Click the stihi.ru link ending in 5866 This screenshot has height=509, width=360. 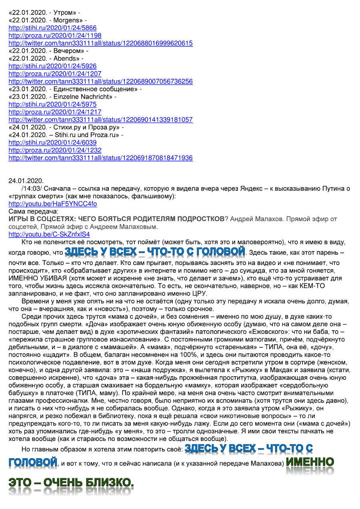tap(52, 28)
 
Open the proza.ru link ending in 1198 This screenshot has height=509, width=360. tap(55, 36)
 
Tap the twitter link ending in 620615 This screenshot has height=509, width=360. tap(100, 43)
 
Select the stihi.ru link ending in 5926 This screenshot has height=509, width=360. tap(52, 66)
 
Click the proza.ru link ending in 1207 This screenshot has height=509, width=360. tap(55, 74)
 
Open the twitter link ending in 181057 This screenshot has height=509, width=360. tap(100, 120)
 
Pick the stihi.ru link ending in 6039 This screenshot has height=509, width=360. tap(52, 142)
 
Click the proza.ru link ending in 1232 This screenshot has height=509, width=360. tap(55, 150)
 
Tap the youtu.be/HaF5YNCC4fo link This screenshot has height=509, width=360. tap(52, 204)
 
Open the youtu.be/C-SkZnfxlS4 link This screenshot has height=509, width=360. tap(49, 234)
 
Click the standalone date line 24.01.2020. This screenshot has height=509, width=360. tap(26, 181)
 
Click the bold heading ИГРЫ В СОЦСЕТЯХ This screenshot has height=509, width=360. tap(116, 219)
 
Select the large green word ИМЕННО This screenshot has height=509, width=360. tap(310, 463)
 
